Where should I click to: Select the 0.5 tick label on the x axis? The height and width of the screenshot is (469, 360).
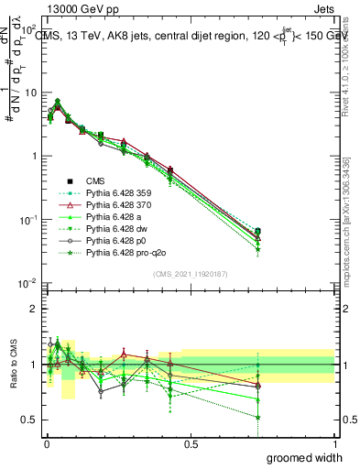coord(190,443)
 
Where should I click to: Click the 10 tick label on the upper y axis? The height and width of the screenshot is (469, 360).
coord(28,93)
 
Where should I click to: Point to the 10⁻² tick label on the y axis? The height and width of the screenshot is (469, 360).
coord(26,283)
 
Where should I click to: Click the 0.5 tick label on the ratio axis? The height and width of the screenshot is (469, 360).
coord(27,420)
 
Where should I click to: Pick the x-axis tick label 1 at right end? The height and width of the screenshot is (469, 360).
coord(334,443)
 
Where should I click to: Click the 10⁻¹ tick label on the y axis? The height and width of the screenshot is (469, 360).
coord(26,220)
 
